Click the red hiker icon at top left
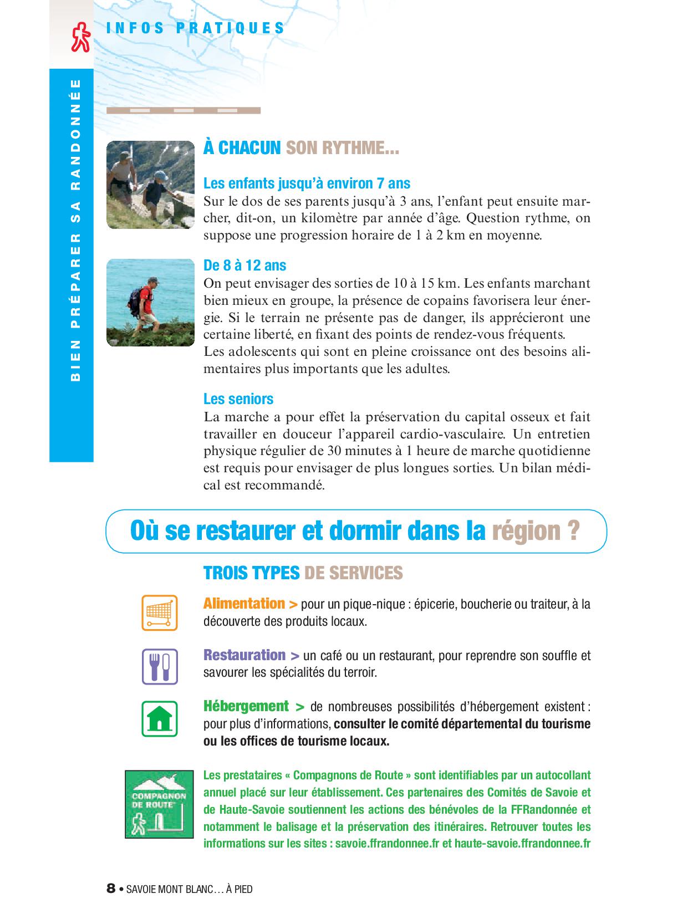80,37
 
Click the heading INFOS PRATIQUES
195,28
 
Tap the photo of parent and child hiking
150,185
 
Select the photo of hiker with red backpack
150,303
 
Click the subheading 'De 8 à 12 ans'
244,266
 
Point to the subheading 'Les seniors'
238,399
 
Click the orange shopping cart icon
160,612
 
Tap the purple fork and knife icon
160,666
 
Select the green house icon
160,719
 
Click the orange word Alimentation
244,603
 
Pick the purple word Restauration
244,655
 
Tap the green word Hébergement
246,706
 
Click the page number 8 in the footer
111,889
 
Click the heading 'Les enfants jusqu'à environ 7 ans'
307,183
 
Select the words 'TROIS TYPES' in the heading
252,573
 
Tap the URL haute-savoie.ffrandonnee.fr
522,844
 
